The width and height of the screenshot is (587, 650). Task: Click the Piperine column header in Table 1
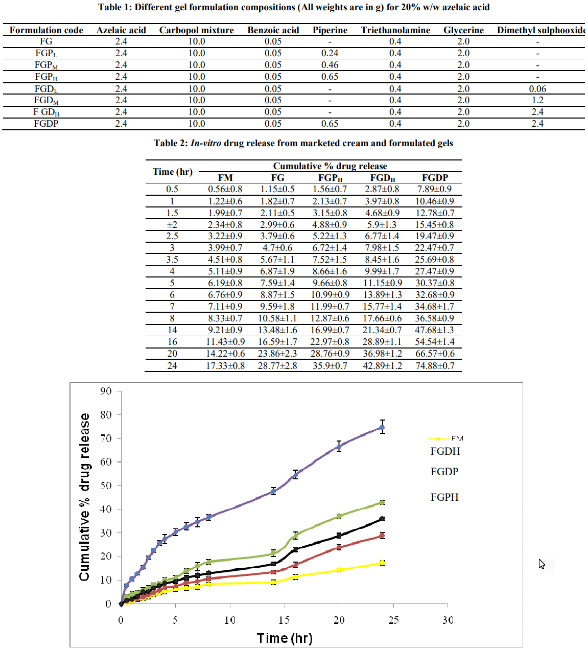click(x=330, y=30)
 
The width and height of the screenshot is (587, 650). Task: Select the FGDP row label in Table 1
click(x=46, y=124)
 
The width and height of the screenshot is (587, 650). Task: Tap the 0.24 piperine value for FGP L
click(x=330, y=53)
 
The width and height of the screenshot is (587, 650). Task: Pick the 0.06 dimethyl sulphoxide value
click(x=537, y=89)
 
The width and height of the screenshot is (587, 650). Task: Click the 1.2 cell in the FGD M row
click(x=537, y=100)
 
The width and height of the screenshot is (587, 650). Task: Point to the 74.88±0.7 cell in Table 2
click(x=435, y=365)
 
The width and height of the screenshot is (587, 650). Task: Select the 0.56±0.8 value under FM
click(x=225, y=189)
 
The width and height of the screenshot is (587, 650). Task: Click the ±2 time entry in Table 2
click(x=172, y=224)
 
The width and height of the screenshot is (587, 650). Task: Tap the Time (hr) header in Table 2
click(x=173, y=172)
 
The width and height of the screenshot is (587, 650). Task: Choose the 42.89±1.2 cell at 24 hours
click(x=382, y=365)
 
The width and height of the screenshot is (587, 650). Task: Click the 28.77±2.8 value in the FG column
click(x=277, y=365)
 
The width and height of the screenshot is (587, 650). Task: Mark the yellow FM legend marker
click(x=438, y=439)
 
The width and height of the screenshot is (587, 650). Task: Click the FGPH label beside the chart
click(x=444, y=497)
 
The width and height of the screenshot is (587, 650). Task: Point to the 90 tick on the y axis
click(x=106, y=391)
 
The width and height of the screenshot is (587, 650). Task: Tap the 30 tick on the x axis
click(x=448, y=620)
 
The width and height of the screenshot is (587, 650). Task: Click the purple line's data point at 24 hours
click(x=382, y=427)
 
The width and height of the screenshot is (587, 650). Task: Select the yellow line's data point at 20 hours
click(x=339, y=570)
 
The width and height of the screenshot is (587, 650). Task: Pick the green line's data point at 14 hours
click(x=273, y=553)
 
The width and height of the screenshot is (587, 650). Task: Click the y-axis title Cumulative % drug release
click(x=84, y=497)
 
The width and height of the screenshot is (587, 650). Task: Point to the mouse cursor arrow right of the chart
click(x=542, y=564)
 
